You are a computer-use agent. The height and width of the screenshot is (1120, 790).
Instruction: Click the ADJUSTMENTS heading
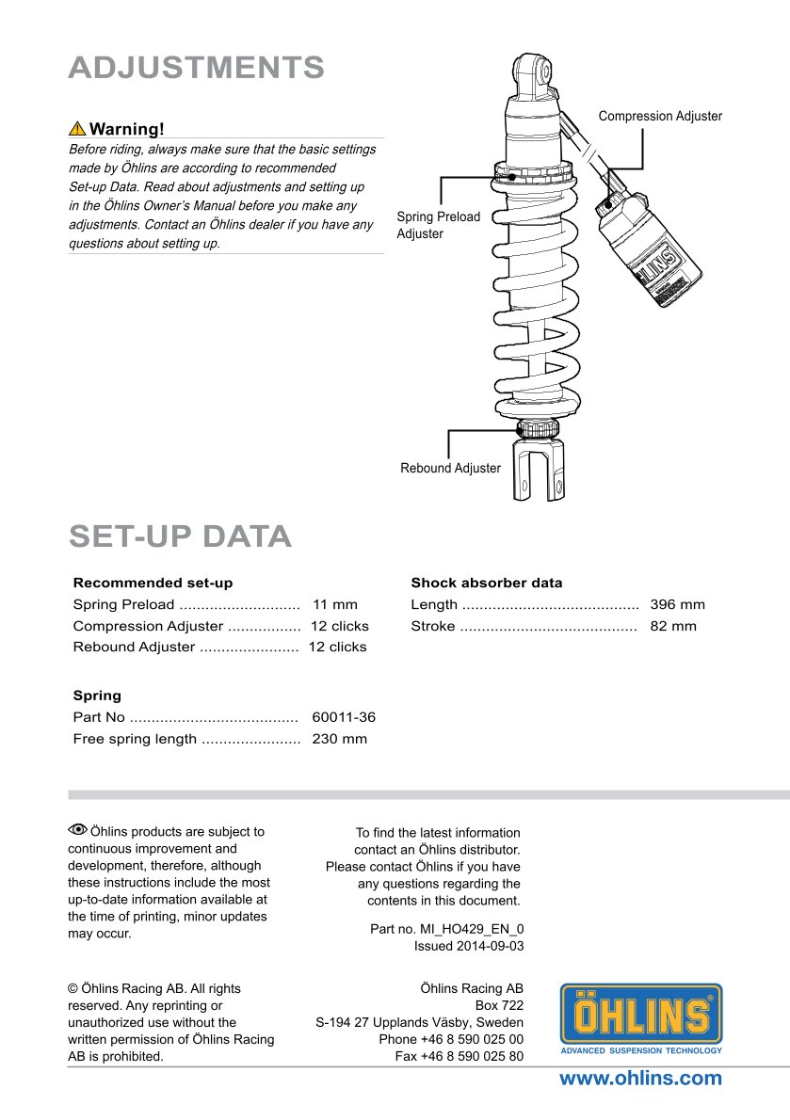[x=197, y=68]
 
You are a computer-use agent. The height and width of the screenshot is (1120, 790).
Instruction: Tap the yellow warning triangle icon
[x=77, y=129]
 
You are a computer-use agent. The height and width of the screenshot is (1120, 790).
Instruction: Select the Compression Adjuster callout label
[x=660, y=116]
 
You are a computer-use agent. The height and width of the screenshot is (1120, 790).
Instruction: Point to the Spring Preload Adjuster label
[x=438, y=225]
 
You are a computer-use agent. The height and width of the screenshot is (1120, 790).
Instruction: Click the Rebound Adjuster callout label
[x=450, y=468]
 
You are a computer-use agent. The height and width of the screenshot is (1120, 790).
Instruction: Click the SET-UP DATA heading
[x=180, y=536]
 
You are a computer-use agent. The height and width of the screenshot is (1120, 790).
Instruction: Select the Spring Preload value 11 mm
[x=334, y=605]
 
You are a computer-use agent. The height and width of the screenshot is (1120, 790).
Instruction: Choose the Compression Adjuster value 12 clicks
[x=339, y=626]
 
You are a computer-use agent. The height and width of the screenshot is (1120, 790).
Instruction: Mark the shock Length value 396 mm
[x=677, y=605]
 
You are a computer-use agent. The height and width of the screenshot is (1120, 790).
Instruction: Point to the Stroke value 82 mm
[x=673, y=626]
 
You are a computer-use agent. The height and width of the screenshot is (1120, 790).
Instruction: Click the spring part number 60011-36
[x=344, y=717]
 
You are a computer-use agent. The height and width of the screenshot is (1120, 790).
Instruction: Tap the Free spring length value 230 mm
[x=339, y=739]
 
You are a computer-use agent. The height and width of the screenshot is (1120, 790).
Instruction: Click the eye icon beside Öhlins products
[x=77, y=830]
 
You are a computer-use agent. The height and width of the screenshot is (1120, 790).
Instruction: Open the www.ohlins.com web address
[x=640, y=1079]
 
